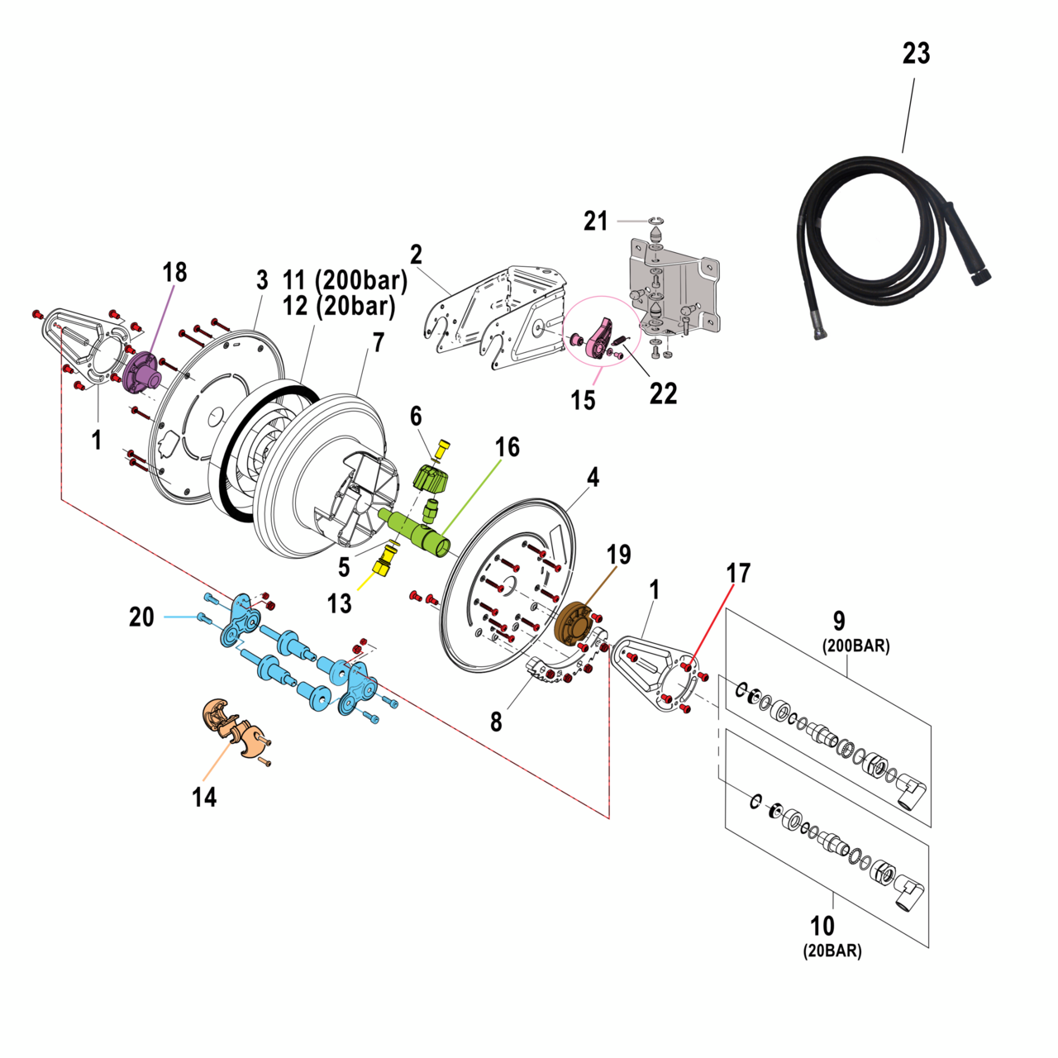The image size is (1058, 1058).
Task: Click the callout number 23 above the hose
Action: pos(916,54)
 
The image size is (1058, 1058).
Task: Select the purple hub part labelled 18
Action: pos(142,372)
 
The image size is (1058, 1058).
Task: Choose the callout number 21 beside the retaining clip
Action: pos(595,222)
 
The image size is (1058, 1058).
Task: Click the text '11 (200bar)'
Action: pos(346,280)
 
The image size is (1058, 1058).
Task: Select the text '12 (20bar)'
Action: pos(339,307)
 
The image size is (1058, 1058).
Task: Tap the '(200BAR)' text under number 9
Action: pos(855,646)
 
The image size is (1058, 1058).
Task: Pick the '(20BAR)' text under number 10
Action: pos(832,951)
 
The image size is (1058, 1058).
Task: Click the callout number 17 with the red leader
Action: pos(738,573)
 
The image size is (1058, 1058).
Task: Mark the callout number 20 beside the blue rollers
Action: pos(141,617)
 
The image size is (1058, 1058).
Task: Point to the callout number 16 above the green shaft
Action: pos(507,447)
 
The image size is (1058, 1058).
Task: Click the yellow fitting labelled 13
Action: pos(383,566)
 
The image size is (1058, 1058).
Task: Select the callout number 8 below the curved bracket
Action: pos(496,722)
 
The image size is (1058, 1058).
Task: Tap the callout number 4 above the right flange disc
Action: pos(593,478)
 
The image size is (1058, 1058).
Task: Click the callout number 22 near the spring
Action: pos(663,394)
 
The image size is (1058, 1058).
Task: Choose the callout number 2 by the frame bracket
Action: pos(416,255)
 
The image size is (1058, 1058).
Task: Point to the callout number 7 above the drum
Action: pos(378,342)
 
